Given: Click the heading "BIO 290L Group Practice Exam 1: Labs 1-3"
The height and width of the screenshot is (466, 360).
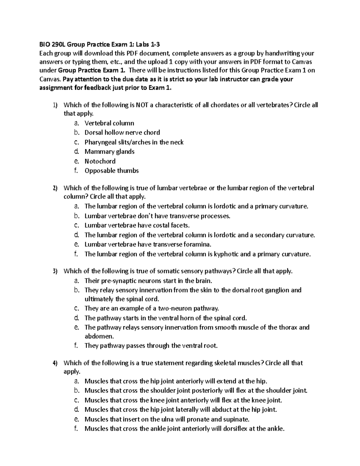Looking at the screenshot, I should [100, 45].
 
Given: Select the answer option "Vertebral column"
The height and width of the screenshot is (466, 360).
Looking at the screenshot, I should [109, 123].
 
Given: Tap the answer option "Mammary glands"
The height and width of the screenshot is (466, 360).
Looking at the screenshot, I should [109, 152].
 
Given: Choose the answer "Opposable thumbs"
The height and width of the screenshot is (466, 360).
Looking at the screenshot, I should [112, 171].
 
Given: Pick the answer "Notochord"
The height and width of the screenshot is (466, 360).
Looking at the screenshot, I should [100, 161].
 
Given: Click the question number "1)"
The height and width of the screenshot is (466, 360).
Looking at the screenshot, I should [55, 105].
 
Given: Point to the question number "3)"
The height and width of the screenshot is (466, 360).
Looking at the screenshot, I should [55, 271].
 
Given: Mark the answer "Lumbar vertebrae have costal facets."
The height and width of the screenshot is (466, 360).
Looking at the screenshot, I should [137, 225].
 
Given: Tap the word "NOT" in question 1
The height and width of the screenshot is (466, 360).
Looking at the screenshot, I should [142, 105].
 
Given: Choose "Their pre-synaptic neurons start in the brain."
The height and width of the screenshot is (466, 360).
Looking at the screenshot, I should [148, 281].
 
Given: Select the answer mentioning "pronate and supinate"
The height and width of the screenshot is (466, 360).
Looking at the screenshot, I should [167, 419].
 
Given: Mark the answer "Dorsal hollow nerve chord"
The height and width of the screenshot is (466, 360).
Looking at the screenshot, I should [122, 133].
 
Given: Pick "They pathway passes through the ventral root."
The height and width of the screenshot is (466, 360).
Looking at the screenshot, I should [151, 346].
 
